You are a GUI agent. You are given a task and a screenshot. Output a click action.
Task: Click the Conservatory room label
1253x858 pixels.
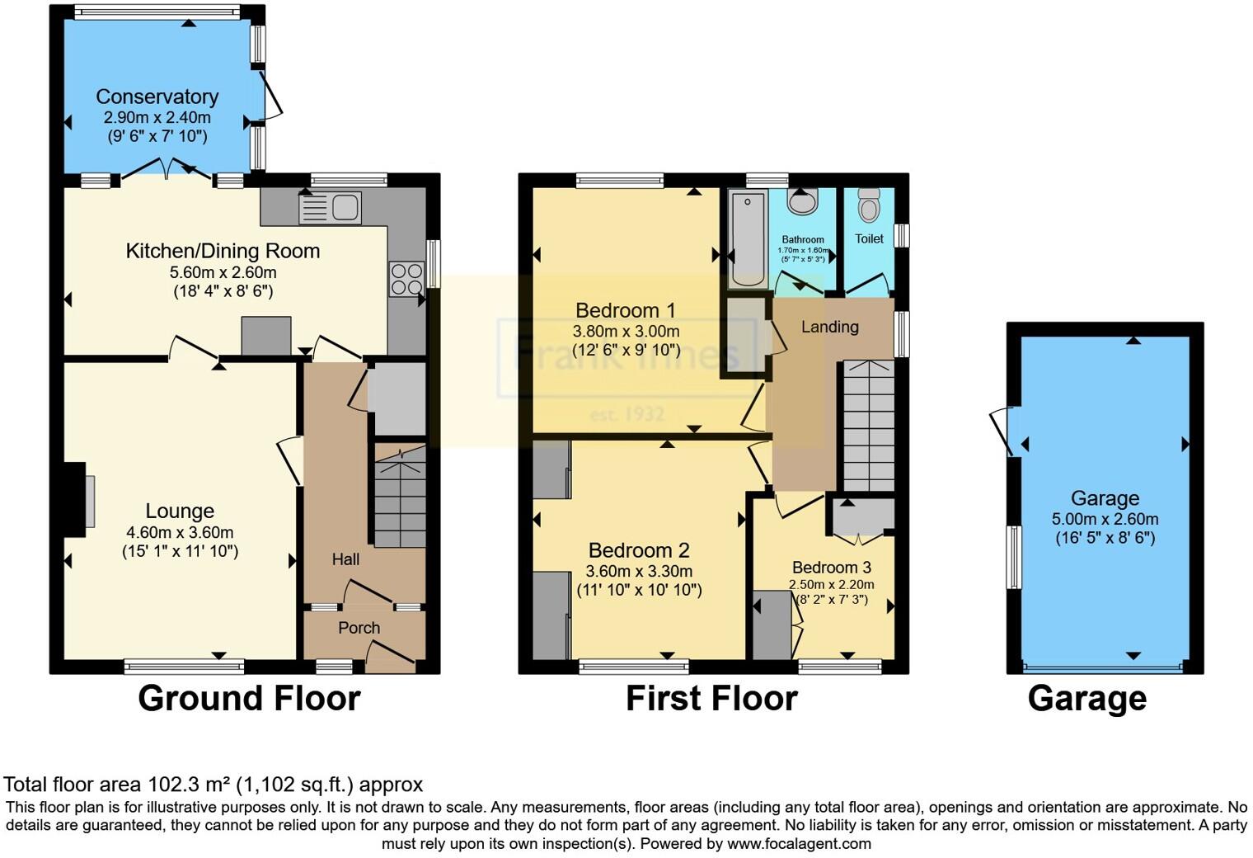coord(157,97)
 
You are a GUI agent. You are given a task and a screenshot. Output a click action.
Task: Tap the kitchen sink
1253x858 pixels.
coord(331,208)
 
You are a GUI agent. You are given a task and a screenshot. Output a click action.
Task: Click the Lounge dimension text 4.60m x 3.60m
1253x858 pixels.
coord(180,532)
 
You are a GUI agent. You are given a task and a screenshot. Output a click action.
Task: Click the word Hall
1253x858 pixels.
coord(345,559)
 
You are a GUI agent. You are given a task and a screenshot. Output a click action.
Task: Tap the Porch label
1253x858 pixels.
coord(359,628)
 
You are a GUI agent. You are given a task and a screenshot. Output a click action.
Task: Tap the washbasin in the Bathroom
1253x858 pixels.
coord(801,200)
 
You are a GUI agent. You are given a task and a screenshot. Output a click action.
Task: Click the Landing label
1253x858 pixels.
coord(829,327)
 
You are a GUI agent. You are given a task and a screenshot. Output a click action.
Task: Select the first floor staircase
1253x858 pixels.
coord(867,426)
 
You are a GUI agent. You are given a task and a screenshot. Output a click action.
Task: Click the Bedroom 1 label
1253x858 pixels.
coord(625,310)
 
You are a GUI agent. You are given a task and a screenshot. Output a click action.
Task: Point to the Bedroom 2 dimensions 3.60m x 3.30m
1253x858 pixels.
coord(639,571)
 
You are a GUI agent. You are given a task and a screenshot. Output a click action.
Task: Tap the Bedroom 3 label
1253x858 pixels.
coord(831,568)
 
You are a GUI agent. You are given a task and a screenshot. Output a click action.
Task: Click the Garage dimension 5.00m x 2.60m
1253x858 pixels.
coord(1105,519)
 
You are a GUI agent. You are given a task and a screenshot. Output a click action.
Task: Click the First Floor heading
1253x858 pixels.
coord(711,699)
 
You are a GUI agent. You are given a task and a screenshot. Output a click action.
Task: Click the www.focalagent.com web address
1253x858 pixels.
coord(799,843)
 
